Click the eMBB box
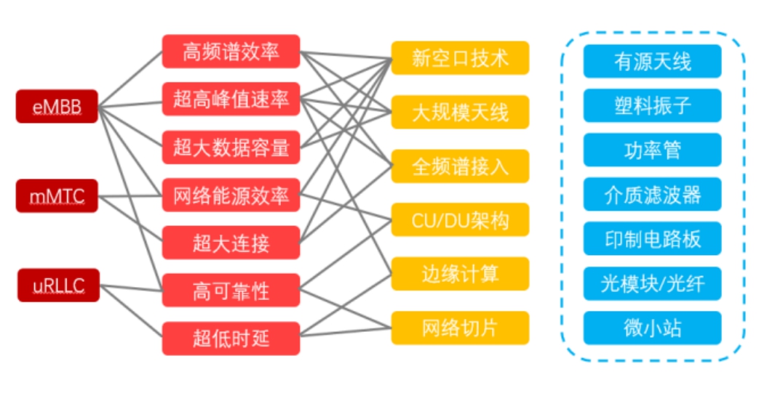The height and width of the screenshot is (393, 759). pyautogui.click(x=57, y=106)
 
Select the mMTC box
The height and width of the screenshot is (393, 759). pyautogui.click(x=57, y=195)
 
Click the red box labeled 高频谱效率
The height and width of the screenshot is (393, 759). pyautogui.click(x=231, y=52)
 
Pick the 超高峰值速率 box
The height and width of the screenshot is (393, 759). pyautogui.click(x=231, y=100)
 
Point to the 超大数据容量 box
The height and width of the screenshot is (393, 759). pyautogui.click(x=231, y=147)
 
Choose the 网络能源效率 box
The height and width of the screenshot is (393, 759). pyautogui.click(x=231, y=195)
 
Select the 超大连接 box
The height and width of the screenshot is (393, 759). pyautogui.click(x=231, y=243)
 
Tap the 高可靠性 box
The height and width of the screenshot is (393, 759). pyautogui.click(x=231, y=291)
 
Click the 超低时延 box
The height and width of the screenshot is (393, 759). pyautogui.click(x=231, y=338)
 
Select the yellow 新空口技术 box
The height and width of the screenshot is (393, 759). pyautogui.click(x=460, y=57)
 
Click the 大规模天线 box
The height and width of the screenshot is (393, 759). pyautogui.click(x=460, y=112)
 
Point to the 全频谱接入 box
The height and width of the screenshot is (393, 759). pyautogui.click(x=460, y=166)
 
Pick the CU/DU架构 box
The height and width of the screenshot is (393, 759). pyautogui.click(x=460, y=219)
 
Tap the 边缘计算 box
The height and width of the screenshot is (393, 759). pyautogui.click(x=460, y=273)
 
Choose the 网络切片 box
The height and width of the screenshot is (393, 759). pyautogui.click(x=460, y=327)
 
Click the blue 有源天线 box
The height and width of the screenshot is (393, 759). pyautogui.click(x=652, y=61)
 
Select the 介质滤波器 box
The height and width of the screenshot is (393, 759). pyautogui.click(x=652, y=194)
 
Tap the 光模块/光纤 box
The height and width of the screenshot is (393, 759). pyautogui.click(x=652, y=283)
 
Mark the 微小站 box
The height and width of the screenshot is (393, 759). pyautogui.click(x=652, y=328)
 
